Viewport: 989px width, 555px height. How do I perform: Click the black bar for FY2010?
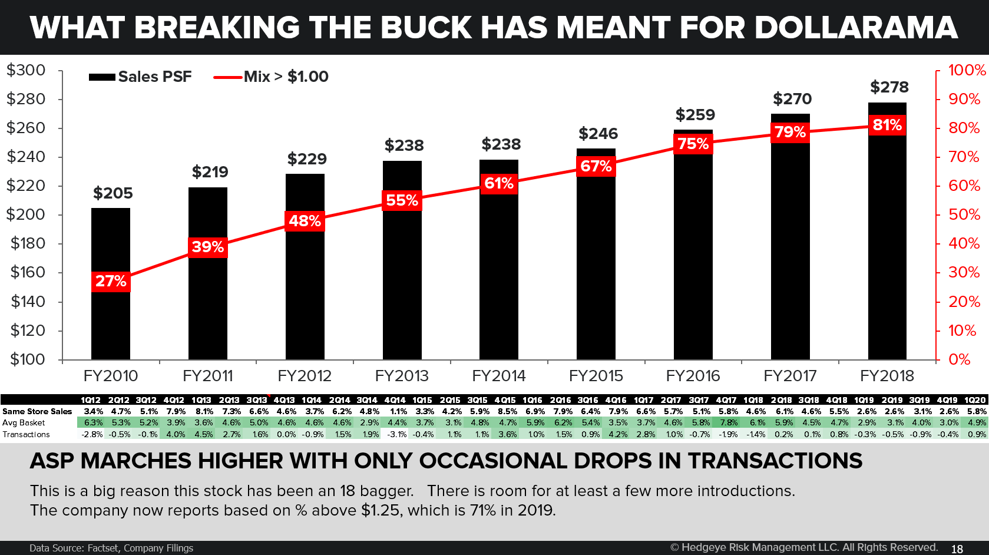tap(111, 318)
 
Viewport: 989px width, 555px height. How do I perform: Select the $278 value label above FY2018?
tap(889, 87)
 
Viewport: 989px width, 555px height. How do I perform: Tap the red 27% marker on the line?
tap(111, 281)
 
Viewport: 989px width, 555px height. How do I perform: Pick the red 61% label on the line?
tap(498, 183)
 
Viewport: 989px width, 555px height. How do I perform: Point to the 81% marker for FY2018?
tap(887, 125)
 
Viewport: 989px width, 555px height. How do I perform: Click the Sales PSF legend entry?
tap(141, 77)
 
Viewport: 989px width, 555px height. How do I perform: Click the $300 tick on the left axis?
tap(26, 70)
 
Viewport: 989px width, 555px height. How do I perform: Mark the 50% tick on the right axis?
tap(964, 214)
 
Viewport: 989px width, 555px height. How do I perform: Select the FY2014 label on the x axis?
tap(498, 376)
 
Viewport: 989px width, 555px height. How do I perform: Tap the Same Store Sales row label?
tap(37, 411)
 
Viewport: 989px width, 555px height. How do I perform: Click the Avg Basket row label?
tap(24, 422)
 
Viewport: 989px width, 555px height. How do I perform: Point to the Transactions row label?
tap(26, 434)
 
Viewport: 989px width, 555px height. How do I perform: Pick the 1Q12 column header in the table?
tap(91, 400)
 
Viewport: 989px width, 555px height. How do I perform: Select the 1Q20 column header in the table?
tap(975, 400)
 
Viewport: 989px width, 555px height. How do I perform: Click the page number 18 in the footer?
tap(957, 549)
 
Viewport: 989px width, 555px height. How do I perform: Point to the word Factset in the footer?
tap(103, 548)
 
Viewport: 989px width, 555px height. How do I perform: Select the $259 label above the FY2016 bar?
tap(695, 115)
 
